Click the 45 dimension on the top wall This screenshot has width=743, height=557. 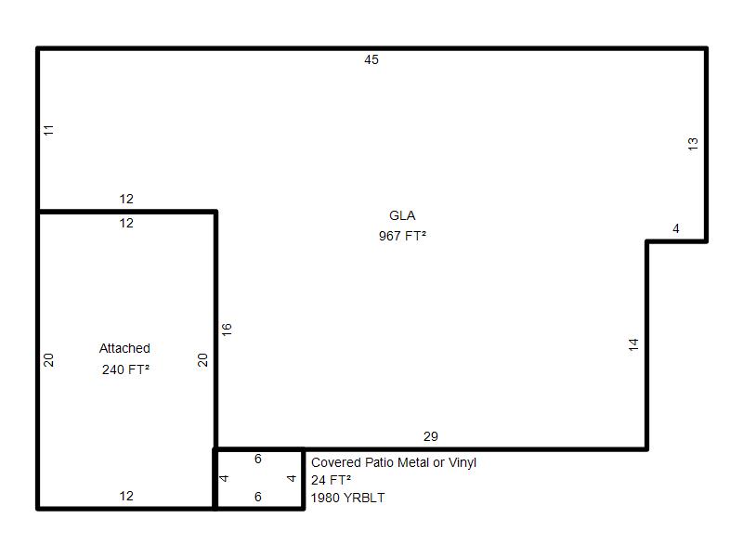point(371,59)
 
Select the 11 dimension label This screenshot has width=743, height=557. point(49,130)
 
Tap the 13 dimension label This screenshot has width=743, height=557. point(693,144)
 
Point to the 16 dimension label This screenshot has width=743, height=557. point(227,330)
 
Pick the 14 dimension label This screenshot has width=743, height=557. point(633,344)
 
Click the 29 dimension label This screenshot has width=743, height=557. point(430,436)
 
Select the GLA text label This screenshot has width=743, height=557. point(402,215)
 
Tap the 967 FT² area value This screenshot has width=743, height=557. point(402,236)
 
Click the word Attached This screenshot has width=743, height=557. point(124,348)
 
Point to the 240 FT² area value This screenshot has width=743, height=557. point(125,369)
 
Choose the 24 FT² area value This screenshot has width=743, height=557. point(331,480)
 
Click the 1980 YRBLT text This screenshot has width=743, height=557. point(347,498)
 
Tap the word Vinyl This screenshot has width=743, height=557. point(463,462)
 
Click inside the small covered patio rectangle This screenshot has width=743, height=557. point(259,478)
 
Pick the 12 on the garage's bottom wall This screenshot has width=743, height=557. point(126,496)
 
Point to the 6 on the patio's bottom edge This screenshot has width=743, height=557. point(258,497)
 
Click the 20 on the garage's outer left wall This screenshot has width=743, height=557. point(49,360)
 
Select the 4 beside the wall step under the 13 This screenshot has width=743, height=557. point(676,228)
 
